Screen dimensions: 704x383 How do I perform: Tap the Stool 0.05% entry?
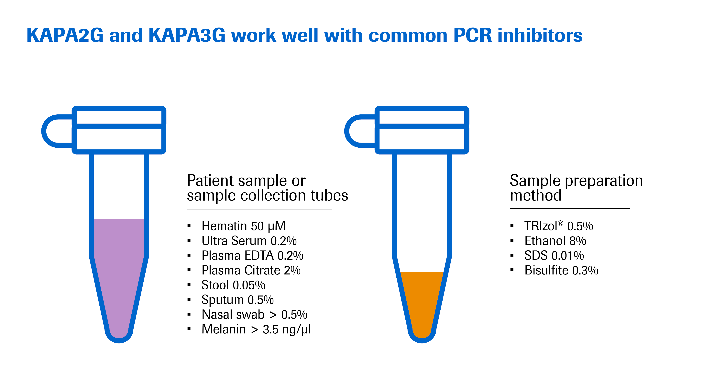click(233, 285)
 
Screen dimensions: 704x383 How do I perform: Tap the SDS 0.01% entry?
click(554, 256)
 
